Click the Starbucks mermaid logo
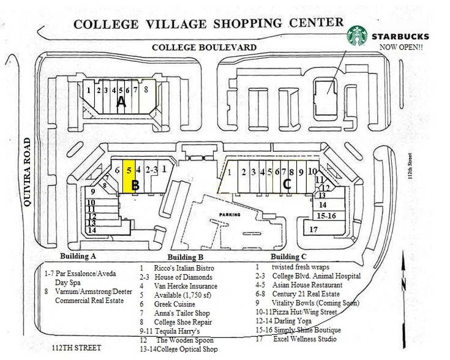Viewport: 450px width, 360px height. coord(356,36)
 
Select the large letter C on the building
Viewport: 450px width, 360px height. coord(285,182)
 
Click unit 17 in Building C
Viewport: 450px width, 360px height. coord(313,230)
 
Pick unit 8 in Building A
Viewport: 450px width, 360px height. coord(146,89)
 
